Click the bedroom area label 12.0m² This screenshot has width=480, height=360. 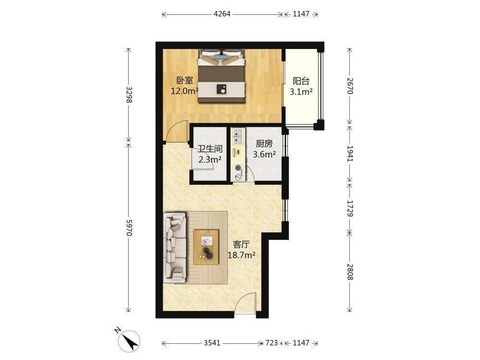click(x=185, y=91)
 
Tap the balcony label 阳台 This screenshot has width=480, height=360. click(x=301, y=81)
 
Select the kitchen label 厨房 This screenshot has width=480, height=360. click(x=264, y=143)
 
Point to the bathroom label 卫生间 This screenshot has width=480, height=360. click(x=210, y=149)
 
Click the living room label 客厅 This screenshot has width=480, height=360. click(x=241, y=245)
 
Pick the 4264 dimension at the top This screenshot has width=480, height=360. click(x=222, y=14)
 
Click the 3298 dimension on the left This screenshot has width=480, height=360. click(x=129, y=95)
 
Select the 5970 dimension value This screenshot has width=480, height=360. click(x=129, y=228)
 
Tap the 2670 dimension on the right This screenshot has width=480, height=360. click(x=350, y=86)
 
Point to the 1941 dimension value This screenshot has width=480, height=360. click(x=350, y=154)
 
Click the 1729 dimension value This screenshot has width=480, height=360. click(x=350, y=208)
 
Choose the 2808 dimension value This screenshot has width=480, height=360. click(x=350, y=272)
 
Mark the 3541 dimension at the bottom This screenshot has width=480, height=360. click(x=212, y=343)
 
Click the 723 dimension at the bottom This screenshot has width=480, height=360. click(x=272, y=343)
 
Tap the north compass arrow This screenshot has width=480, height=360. click(x=130, y=341)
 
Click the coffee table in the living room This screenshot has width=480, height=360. click(x=206, y=247)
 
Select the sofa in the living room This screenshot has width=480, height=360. click(x=175, y=247)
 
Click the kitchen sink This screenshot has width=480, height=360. click(x=238, y=136)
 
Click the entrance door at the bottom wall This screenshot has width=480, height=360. click(x=245, y=303)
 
